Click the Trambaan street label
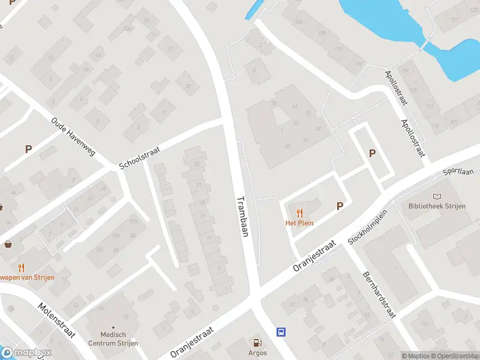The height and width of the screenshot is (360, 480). pos(242,217)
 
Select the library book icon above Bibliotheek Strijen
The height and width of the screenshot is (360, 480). pos(437,196)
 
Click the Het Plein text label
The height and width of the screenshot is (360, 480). pos(299,223)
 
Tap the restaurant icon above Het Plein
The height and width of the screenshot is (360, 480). pos(299,212)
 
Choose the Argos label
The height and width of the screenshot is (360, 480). pos(258,353)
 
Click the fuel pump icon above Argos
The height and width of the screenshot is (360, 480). pos(258,343)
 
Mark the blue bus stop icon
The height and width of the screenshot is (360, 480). pos(281,332)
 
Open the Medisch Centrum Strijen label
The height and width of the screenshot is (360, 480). pos(113,339)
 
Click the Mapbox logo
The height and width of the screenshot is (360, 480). pos(26,353)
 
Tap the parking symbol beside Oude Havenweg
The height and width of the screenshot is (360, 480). pos(28,149)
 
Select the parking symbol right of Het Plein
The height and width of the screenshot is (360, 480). pos(340,206)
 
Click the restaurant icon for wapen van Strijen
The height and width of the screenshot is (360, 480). pos(22,268)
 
